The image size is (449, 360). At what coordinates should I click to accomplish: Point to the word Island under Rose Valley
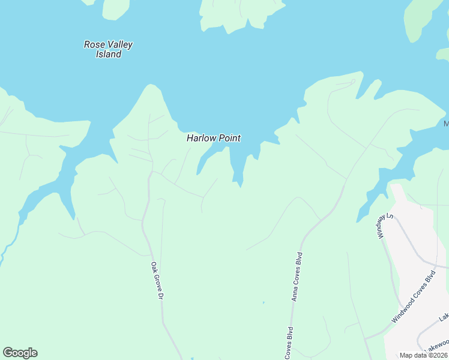pos(109,54)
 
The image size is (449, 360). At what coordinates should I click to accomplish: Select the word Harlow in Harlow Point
pos(201,138)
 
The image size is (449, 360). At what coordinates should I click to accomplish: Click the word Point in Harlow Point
pos(229,138)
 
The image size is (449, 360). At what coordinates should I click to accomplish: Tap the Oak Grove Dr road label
pos(157,281)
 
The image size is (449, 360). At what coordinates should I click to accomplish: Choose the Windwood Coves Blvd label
pos(413,298)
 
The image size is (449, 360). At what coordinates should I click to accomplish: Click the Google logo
pos(20,353)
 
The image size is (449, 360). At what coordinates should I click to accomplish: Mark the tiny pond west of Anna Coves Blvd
pos(263,302)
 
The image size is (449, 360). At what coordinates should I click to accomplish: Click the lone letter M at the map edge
pos(446,124)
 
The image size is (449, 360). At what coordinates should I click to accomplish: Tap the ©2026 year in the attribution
pos(436,355)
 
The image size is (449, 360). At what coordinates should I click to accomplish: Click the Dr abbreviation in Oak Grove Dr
pos(160,296)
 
